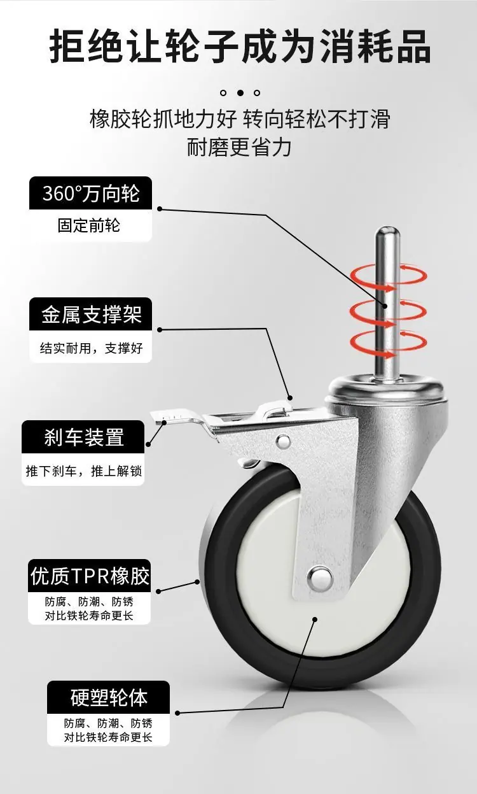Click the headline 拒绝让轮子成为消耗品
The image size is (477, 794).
click(x=240, y=47)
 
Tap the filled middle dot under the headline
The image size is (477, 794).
click(x=240, y=93)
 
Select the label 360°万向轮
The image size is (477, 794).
click(x=91, y=193)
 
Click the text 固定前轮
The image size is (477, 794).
click(x=89, y=225)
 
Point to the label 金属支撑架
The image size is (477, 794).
click(x=92, y=314)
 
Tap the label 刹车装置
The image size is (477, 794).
click(x=84, y=437)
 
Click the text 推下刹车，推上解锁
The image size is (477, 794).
click(x=83, y=471)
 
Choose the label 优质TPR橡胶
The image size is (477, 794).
click(x=90, y=576)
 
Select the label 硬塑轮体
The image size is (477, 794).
click(x=109, y=697)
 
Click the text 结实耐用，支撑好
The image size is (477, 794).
click(x=92, y=348)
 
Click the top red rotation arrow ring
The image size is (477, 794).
click(x=389, y=276)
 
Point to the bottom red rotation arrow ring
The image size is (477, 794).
click(x=389, y=343)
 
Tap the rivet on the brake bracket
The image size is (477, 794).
click(x=283, y=441)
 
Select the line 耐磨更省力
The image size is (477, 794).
click(x=239, y=147)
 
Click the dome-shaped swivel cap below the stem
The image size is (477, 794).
click(x=387, y=389)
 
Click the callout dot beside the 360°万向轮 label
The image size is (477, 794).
click(x=160, y=209)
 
